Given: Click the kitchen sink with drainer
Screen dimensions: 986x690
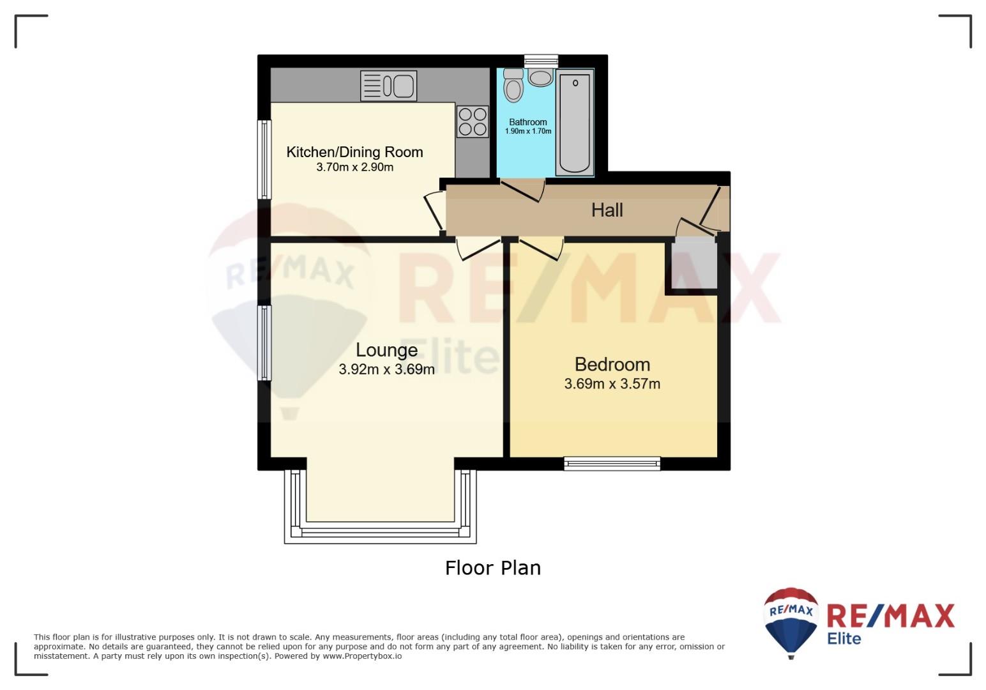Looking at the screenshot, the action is [x=388, y=86].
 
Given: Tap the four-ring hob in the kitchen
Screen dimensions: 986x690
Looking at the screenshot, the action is [x=473, y=121].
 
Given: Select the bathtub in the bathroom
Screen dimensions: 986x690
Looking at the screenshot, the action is [x=575, y=123].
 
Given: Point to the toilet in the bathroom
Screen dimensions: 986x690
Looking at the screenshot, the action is [x=513, y=85].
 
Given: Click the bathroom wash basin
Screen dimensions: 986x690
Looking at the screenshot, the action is [x=540, y=77].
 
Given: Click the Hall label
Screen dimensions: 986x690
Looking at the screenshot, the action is [x=607, y=210].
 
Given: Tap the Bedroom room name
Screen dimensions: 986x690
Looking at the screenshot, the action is [x=612, y=365].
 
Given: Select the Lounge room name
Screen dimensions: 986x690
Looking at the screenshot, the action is [x=386, y=350].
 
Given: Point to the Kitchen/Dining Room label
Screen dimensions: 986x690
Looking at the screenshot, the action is [x=354, y=152].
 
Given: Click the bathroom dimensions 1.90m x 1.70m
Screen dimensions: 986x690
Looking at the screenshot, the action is [x=527, y=131].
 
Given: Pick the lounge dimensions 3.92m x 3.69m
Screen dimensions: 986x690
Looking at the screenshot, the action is [x=386, y=369].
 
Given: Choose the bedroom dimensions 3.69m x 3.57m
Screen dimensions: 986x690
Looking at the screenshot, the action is [x=612, y=384].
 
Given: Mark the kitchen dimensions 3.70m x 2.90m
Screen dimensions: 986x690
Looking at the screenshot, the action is [x=355, y=167].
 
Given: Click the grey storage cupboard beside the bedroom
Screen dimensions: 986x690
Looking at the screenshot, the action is [x=694, y=263].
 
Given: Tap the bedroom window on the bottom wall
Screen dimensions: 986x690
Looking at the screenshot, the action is [x=612, y=464].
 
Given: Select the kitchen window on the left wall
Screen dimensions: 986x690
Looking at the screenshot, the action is [x=264, y=159].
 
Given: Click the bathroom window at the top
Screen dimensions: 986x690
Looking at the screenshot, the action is [x=541, y=61].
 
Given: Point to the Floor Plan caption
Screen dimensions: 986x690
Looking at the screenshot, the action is [x=492, y=568].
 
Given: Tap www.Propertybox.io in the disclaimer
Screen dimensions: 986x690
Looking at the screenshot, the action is [x=362, y=656].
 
